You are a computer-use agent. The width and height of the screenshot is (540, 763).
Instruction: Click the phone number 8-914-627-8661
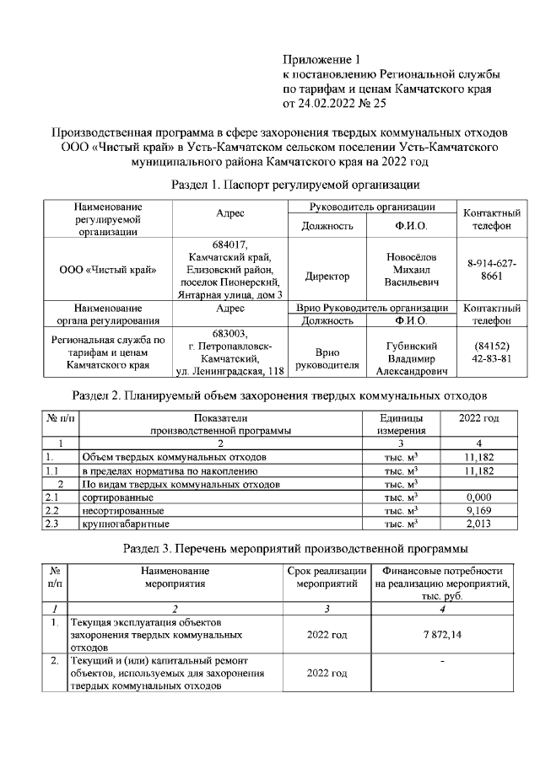491,270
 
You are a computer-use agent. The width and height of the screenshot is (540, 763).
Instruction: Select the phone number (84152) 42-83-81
491,352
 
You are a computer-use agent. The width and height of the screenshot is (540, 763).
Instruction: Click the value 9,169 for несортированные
478,510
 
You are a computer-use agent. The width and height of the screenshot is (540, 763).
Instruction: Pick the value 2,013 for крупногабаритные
478,524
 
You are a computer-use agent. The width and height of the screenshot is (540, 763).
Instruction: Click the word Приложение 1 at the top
321,60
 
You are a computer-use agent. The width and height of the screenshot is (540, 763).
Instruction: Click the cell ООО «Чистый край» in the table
108,270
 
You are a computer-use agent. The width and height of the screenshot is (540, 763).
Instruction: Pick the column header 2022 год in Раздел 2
478,417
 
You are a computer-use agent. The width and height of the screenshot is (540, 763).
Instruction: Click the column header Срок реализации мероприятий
327,578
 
